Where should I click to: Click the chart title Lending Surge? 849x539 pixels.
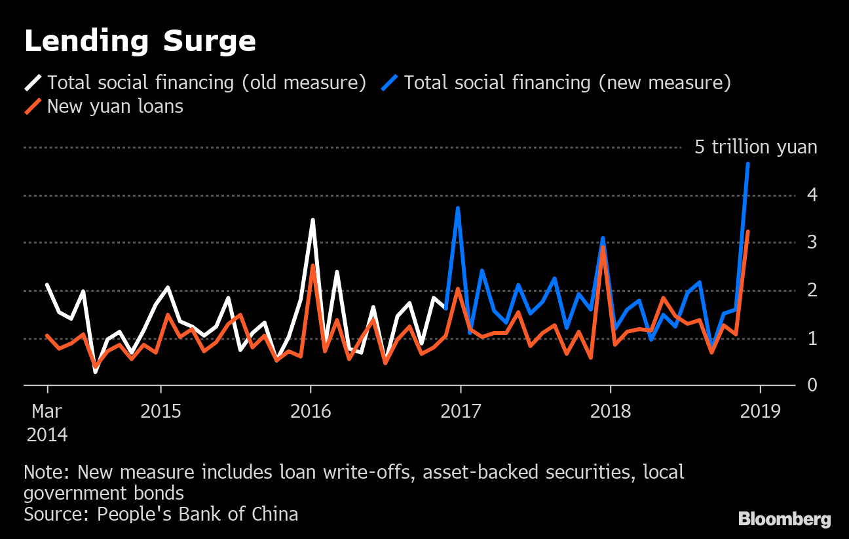click(140, 41)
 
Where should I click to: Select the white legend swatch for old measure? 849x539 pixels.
click(33, 83)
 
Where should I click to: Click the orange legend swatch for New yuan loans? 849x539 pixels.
click(33, 106)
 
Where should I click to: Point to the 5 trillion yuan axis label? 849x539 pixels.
click(755, 147)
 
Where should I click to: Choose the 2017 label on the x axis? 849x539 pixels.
click(461, 411)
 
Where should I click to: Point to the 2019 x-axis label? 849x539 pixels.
click(760, 411)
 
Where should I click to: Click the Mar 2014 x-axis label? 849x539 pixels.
click(47, 422)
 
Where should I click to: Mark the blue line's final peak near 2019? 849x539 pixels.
click(748, 163)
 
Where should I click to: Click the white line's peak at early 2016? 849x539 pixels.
click(313, 220)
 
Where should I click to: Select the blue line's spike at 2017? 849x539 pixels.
click(458, 208)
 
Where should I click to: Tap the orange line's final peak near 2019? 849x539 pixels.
click(748, 231)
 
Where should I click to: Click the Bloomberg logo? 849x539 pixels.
click(784, 519)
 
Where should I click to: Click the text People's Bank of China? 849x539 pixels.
click(197, 514)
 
